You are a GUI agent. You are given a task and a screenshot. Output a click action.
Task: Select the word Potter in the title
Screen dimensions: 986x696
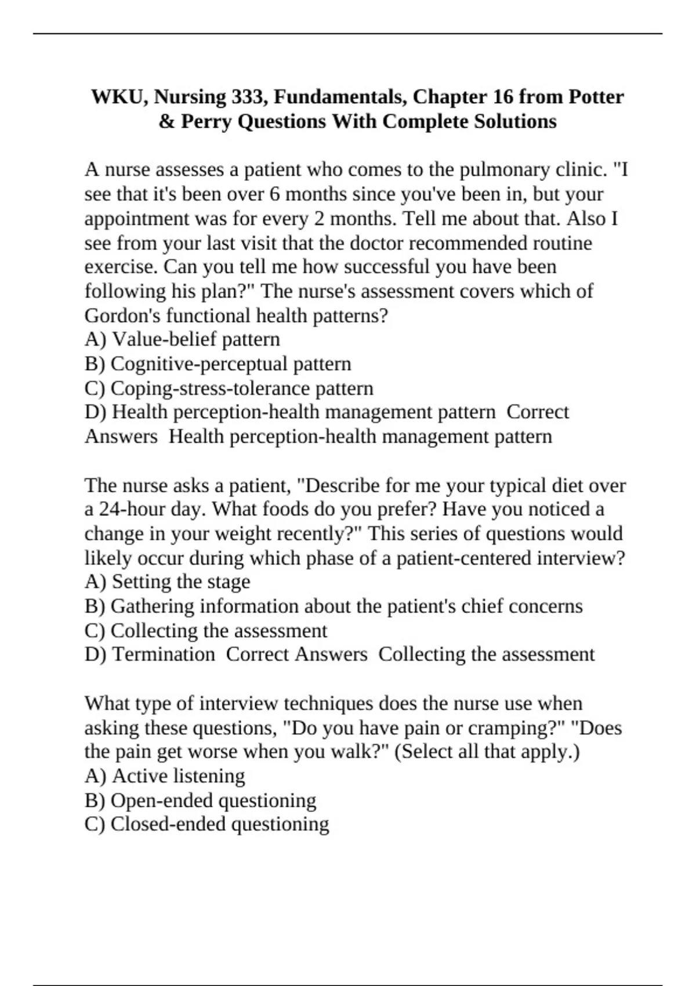(x=596, y=97)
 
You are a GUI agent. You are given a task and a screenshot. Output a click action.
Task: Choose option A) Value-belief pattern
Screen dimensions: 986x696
(x=182, y=339)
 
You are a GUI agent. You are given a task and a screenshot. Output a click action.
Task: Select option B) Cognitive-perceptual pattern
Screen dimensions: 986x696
(x=217, y=364)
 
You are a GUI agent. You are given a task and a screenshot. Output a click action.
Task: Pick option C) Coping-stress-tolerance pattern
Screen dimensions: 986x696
(x=229, y=388)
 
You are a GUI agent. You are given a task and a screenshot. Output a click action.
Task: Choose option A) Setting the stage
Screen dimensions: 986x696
(x=167, y=581)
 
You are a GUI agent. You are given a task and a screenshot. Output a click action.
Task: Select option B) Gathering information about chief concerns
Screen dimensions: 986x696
(x=333, y=606)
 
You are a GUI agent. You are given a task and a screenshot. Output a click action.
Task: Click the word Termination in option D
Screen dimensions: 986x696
(x=163, y=654)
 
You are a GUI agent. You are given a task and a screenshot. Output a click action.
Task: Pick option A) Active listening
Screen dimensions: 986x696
(x=165, y=775)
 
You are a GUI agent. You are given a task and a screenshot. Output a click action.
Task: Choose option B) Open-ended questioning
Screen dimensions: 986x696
(x=200, y=800)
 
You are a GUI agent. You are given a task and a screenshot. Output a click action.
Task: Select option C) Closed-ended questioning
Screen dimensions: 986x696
(x=206, y=824)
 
